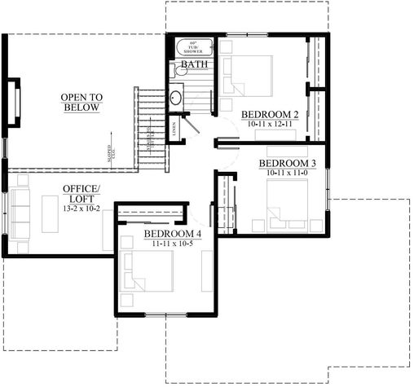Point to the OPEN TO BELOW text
coord(80,103)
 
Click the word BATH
coord(193,64)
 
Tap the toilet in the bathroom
coord(179,72)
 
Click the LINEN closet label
coord(174,128)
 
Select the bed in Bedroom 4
coord(151,271)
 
